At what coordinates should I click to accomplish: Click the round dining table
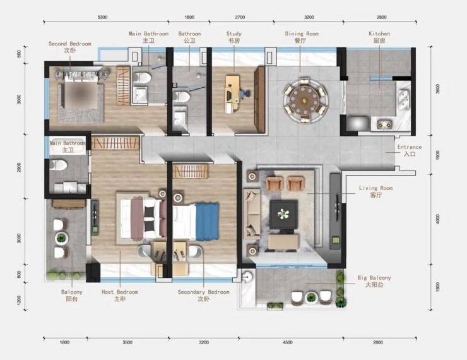(x=304, y=100)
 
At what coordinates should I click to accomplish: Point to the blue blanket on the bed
(x=207, y=222)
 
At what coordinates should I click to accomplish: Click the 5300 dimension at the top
(x=102, y=17)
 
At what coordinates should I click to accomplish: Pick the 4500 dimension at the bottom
(x=287, y=342)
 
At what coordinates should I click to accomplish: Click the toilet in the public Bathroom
(x=181, y=97)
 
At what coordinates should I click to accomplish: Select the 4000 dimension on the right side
(x=437, y=219)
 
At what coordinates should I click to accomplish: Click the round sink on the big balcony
(x=247, y=277)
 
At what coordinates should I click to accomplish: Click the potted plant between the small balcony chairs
(x=61, y=238)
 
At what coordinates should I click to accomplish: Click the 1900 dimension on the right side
(x=437, y=155)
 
